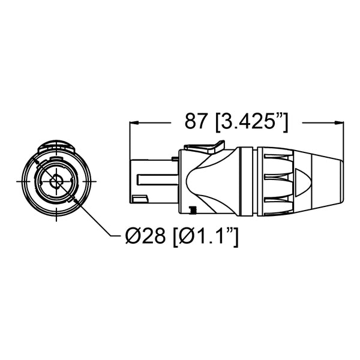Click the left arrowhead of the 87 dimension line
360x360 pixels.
tap(134, 122)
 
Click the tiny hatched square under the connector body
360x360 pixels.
tap(193, 209)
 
